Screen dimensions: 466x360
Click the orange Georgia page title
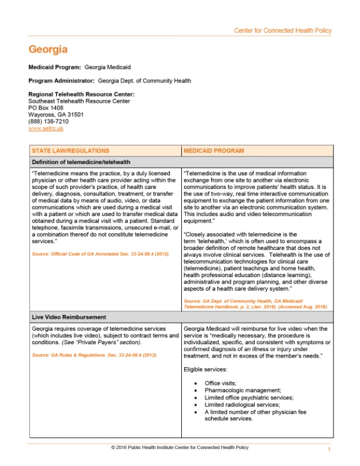(48, 49)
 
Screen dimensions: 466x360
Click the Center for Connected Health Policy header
(282, 31)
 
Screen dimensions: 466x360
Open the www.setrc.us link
(45, 128)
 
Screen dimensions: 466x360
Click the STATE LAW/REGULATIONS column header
(70, 151)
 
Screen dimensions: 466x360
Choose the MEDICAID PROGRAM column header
(214, 151)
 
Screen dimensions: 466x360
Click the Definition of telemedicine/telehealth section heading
(81, 162)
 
